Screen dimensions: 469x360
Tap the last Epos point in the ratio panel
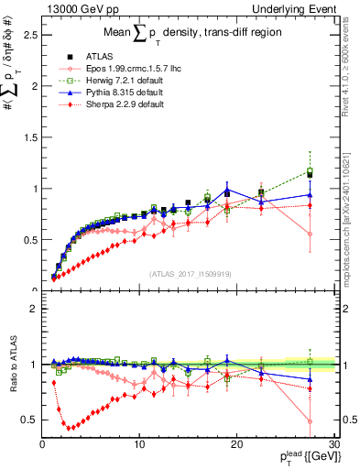tap(310, 421)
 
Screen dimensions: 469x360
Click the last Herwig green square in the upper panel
tap(310, 170)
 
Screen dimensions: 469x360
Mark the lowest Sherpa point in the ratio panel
tap(67, 428)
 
